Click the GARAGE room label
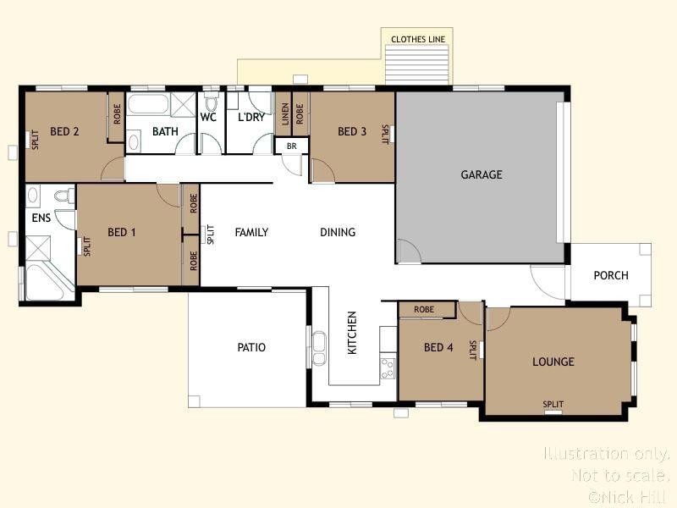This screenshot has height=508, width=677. coord(482,175)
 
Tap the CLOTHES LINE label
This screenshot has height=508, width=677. coord(417,40)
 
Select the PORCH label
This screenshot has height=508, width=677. coord(611,275)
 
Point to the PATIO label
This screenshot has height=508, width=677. coord(251,348)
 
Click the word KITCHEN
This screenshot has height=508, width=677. coord(353,333)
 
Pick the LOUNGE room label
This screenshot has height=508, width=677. coord(553,362)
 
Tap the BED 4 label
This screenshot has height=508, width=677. coord(438,348)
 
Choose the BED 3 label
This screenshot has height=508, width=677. coord(352,131)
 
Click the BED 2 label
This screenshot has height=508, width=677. coord(65,131)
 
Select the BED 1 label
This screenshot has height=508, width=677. coord(122,232)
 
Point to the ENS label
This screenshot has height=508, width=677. coord(41,218)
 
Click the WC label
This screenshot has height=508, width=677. coord(209,118)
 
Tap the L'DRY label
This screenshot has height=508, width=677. coord(251,118)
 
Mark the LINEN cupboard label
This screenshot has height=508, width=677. coord(286,114)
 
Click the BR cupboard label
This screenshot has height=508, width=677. coord(292,146)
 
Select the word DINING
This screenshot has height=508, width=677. coord(338,232)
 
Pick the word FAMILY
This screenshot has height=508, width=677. coord(251,232)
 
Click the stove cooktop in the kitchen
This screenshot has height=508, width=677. coord(388,367)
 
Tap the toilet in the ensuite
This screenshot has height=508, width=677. coord(61,197)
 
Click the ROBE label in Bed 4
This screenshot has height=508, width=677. coord(424,310)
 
